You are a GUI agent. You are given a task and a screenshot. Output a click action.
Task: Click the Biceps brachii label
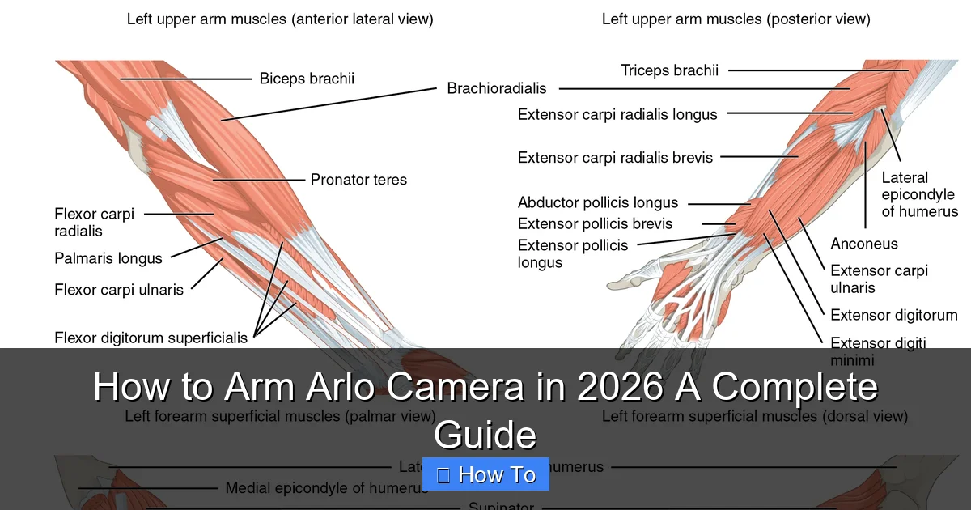click(307, 79)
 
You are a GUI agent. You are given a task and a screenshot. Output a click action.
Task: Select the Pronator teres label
click(358, 180)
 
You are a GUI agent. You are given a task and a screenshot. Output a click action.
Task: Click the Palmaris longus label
click(108, 259)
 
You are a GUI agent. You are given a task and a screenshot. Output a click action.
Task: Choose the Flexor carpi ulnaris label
click(119, 289)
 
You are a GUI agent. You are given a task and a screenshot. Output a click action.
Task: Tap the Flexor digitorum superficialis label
click(151, 338)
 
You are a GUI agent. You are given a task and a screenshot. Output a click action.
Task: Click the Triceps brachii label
click(669, 70)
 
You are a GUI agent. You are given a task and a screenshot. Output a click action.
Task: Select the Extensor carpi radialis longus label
click(617, 114)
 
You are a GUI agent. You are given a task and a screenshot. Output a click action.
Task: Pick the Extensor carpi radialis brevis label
click(615, 157)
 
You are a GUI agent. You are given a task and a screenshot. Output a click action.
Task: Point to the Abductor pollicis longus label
click(598, 202)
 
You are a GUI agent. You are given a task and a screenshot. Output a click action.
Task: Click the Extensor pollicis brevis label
click(595, 223)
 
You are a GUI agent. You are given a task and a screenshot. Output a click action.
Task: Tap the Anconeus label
click(864, 244)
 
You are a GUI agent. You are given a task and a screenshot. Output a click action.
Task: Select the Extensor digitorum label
click(893, 315)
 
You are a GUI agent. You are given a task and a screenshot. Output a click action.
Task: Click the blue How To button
click(486, 474)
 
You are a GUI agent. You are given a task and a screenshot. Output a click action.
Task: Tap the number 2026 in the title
click(621, 387)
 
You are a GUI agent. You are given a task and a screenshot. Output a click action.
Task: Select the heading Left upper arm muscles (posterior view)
click(736, 19)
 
